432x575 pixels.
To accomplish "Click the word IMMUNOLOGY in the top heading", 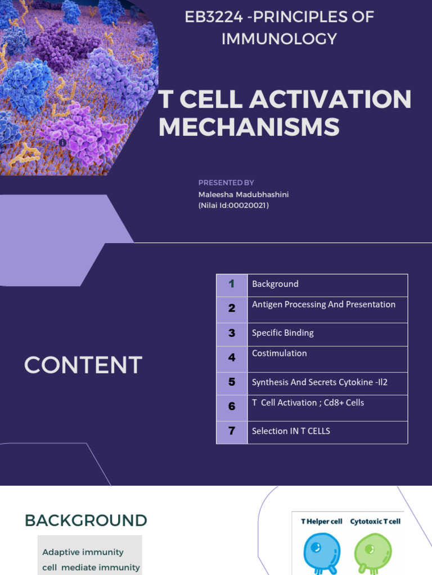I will (279, 39).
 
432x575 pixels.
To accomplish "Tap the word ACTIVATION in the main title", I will (331, 99).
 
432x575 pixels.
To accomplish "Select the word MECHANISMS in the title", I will (249, 127).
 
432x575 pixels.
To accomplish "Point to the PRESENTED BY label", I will (226, 182).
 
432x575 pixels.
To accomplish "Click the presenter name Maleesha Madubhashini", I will (244, 194).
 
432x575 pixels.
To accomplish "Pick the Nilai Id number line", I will (233, 206).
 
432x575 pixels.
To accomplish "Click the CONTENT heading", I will (83, 366).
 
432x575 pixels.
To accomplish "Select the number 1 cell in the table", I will (232, 284).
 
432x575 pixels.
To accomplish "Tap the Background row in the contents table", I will (275, 284).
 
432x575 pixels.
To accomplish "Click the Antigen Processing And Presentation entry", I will (323, 304).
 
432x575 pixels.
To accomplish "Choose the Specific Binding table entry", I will (282, 333).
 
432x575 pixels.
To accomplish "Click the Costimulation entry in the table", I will (279, 353).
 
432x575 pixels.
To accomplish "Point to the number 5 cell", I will (232, 382).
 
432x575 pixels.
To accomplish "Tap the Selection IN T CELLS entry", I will (291, 431).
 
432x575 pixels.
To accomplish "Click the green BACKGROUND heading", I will (85, 521).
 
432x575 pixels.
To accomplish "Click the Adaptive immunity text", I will (83, 553).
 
